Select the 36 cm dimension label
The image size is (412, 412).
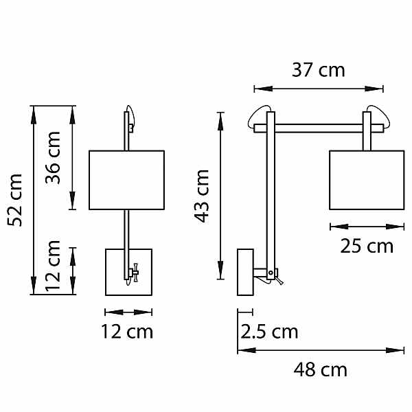53,158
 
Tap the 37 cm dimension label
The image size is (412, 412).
319,70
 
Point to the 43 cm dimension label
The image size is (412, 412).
201,196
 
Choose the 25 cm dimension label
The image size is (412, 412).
367,247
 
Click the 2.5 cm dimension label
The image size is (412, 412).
269,332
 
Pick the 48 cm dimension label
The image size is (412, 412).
320,369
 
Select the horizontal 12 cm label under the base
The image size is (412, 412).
127,332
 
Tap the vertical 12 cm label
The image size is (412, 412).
53,266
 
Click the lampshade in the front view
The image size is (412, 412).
126,180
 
